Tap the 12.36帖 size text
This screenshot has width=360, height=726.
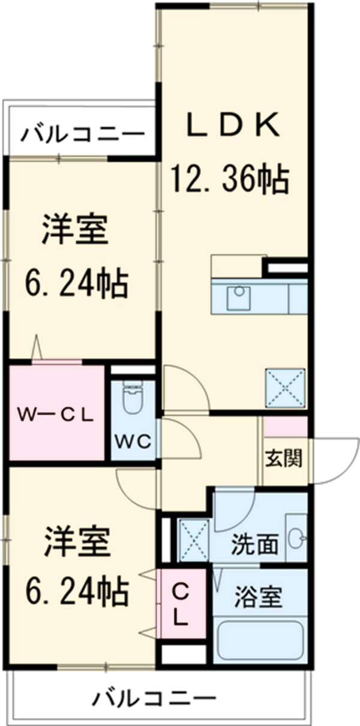click(231, 178)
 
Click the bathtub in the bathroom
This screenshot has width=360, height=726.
click(260, 640)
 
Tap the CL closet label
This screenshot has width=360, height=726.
click(181, 606)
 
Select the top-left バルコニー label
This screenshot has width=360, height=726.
click(83, 134)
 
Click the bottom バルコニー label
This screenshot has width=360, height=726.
click(154, 698)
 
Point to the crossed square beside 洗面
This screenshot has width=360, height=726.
click(193, 539)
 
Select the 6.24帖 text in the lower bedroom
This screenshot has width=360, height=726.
click(76, 590)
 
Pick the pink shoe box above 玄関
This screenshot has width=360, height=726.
click(286, 427)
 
